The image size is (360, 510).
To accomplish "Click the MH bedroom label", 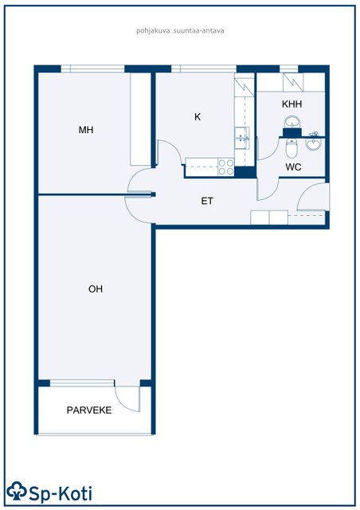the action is [86, 130].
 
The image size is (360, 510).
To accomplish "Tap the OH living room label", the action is [96, 288].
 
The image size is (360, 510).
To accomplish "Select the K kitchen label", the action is [198, 117].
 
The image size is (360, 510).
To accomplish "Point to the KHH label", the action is [292, 104].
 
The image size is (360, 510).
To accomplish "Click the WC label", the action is [293, 167].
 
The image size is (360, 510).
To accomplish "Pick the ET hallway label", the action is [207, 201].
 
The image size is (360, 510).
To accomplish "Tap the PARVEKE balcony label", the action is [89, 410].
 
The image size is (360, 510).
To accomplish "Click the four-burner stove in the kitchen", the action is [226, 167].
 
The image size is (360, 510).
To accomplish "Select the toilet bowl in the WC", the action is [291, 148].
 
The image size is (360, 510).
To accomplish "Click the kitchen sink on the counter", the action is [242, 138].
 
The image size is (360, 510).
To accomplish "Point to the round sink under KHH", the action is [292, 123].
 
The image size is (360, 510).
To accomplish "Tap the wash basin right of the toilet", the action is [314, 143].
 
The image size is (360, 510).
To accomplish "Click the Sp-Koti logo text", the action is [61, 493].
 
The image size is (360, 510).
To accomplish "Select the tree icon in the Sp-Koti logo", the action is [17, 491].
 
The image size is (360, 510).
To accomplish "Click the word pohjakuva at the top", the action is [153, 31].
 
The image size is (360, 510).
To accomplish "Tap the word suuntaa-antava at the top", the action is [198, 31].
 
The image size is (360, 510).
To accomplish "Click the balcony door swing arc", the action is [123, 402].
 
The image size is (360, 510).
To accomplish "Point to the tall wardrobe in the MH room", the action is [140, 119].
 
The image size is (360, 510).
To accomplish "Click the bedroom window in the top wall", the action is [92, 69].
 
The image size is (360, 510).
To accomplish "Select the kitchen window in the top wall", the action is [204, 69].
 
